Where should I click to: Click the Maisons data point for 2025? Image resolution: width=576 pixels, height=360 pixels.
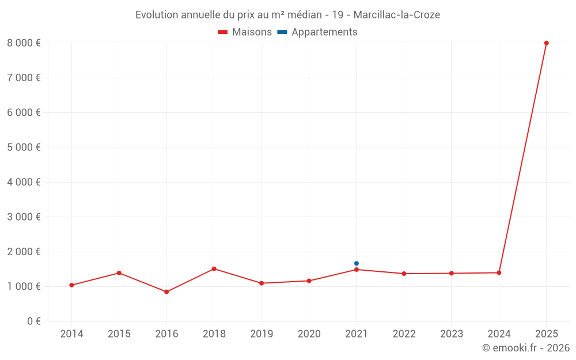coord(546,43)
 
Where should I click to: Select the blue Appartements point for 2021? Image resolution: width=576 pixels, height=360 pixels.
coord(357,263)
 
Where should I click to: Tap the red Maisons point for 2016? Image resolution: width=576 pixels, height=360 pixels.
coord(166,292)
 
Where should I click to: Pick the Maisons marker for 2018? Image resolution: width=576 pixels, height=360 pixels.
coord(214,269)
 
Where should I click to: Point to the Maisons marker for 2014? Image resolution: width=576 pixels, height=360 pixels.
coord(71,285)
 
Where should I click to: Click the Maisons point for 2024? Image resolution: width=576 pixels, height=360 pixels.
coord(499,272)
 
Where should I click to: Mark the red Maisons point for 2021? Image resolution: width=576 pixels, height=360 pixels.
coord(357,270)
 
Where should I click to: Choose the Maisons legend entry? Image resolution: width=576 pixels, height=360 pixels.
coord(245,32)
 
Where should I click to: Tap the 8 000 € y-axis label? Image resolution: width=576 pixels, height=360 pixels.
coord(24,43)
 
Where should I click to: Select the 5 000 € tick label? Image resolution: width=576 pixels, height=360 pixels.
coord(24,147)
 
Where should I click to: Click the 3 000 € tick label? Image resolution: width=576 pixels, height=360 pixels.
coord(24,217)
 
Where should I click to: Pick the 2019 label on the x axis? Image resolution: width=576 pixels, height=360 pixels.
coord(262,334)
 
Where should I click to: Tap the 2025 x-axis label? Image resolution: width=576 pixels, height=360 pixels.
coord(546,334)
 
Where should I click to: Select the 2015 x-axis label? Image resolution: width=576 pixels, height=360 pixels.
coord(119,334)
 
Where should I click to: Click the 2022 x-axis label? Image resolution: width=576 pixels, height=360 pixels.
coord(404,334)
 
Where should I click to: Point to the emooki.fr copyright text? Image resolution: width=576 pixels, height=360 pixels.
coord(526,348)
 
